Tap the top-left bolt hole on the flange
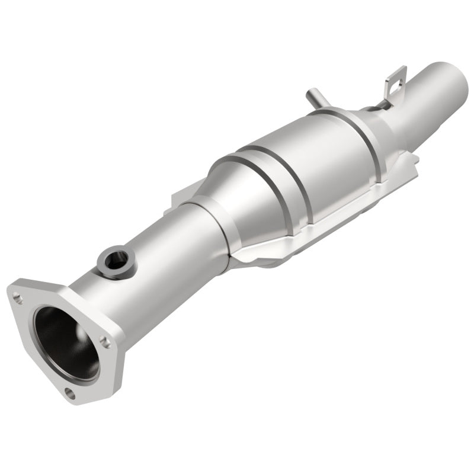(18, 298)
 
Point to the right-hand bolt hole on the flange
(105, 341)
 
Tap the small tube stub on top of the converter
(312, 97)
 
